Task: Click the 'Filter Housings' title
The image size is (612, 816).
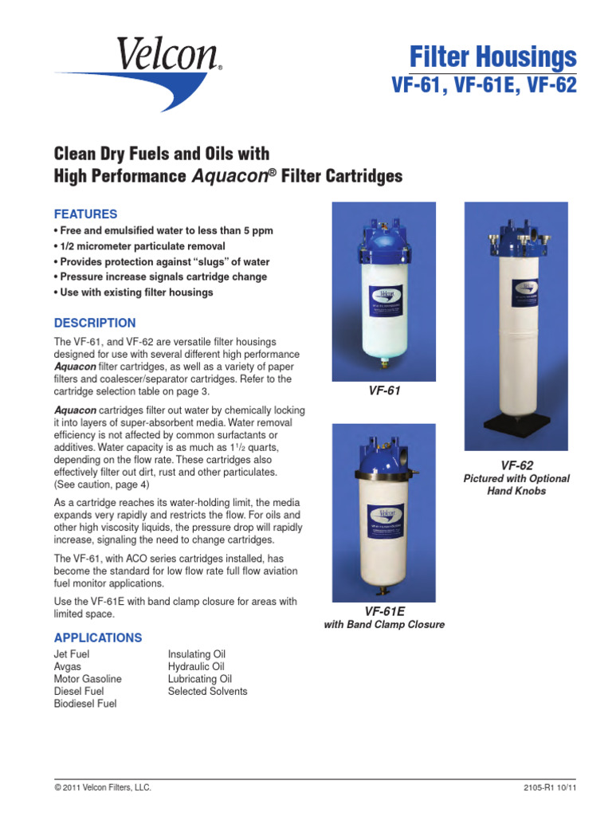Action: click(492, 58)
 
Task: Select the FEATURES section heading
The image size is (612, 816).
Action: click(85, 214)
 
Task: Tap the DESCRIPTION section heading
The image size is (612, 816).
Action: click(94, 323)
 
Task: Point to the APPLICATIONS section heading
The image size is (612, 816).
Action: click(98, 637)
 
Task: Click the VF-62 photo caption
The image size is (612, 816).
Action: click(516, 465)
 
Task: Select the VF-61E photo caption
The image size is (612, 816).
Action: click(384, 610)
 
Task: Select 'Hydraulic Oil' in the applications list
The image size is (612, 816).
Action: click(196, 667)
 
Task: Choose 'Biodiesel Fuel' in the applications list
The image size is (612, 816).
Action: click(85, 704)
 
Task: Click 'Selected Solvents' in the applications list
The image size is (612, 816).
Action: click(207, 692)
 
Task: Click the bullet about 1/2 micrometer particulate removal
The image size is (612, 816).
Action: click(142, 246)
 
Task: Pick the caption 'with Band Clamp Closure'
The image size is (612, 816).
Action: click(384, 625)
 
